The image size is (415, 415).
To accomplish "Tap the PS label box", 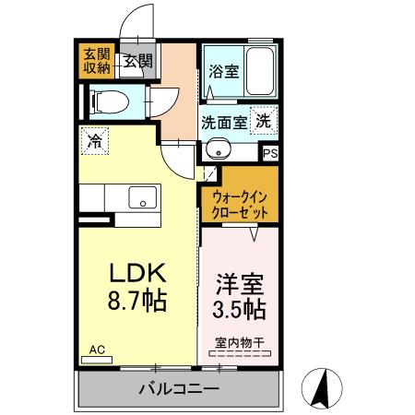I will [270, 155].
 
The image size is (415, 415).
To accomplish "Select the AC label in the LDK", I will [97, 350].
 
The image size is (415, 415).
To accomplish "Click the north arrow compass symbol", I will [326, 387].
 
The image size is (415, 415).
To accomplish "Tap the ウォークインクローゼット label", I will [240, 204].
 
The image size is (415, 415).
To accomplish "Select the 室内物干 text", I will [239, 343].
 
